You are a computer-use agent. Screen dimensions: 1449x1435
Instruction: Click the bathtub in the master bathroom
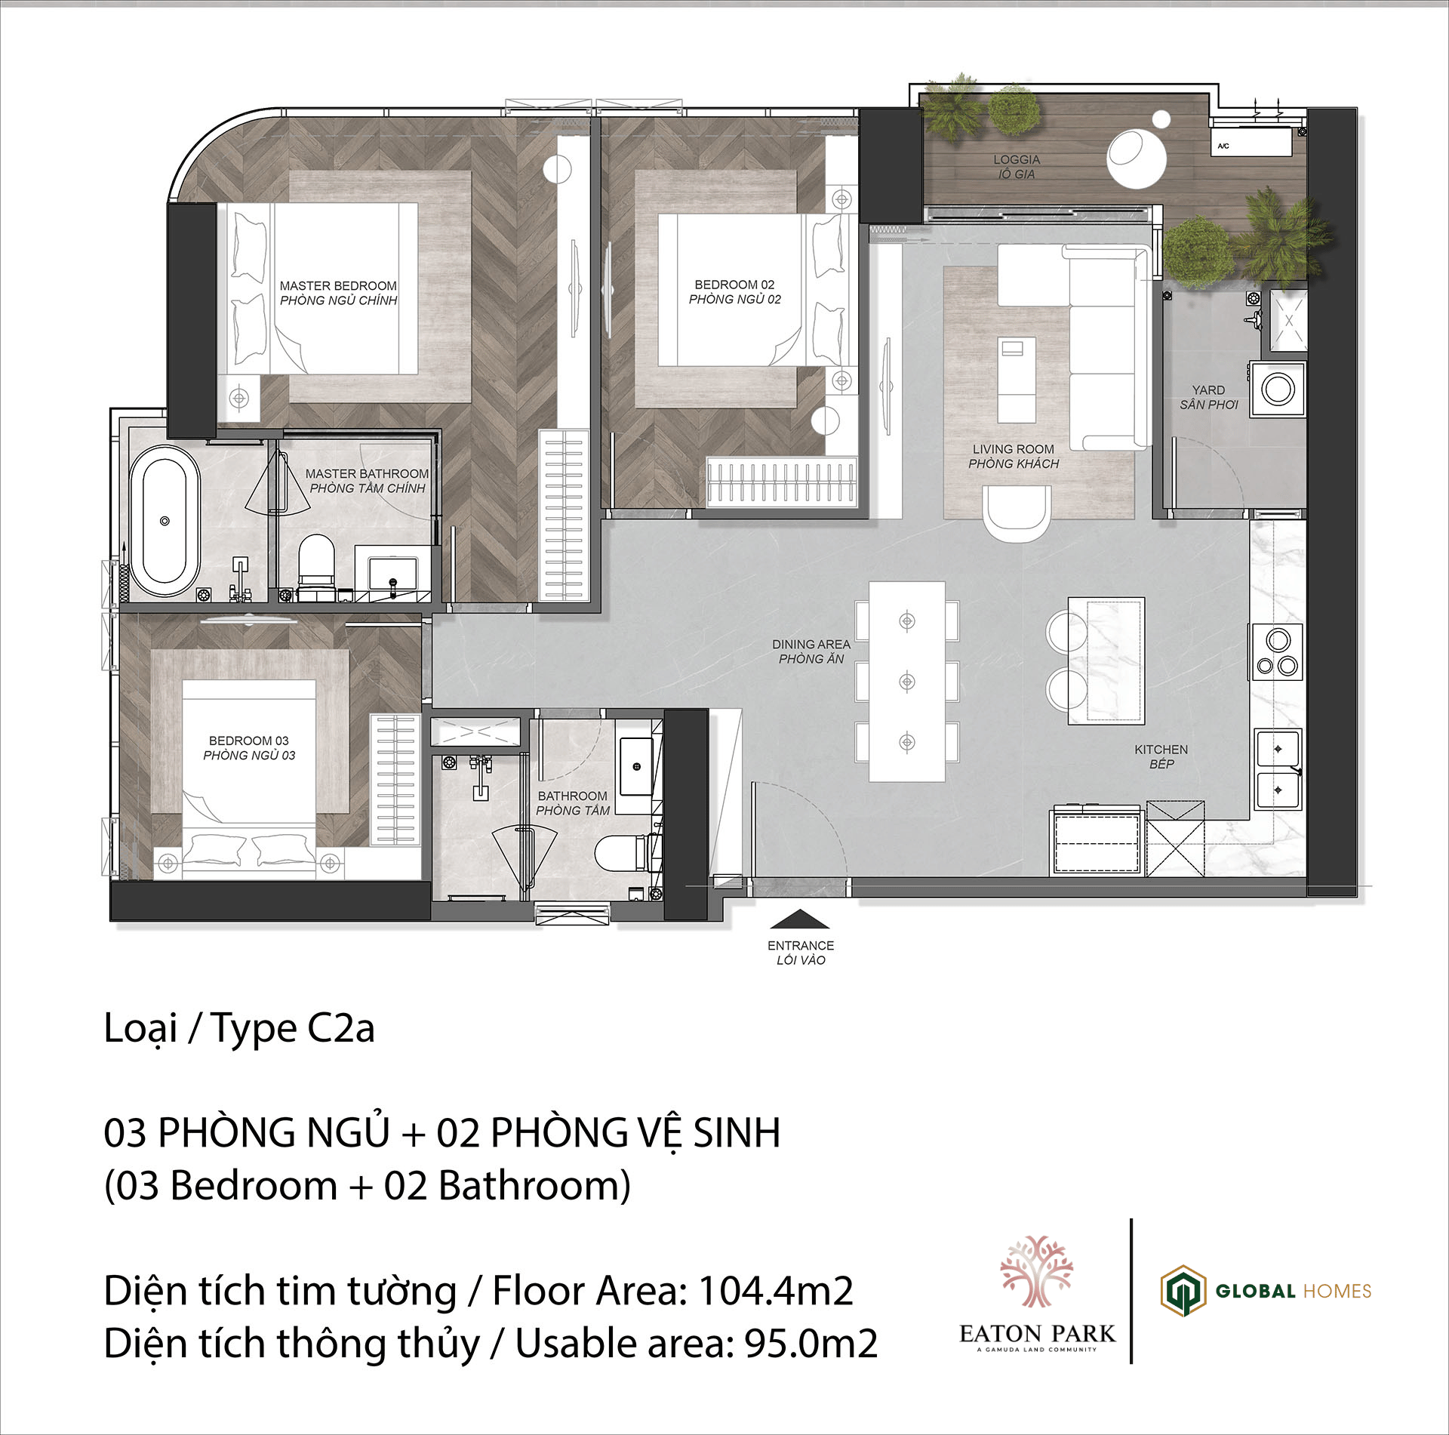click(165, 520)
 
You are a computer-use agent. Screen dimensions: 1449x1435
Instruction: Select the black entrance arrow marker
click(800, 919)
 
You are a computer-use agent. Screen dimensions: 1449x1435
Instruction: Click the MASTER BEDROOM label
click(338, 285)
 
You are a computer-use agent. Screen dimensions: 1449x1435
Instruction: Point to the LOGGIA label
click(1017, 159)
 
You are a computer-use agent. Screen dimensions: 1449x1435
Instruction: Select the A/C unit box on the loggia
click(1251, 143)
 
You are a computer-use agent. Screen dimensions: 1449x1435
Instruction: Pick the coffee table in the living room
click(1017, 379)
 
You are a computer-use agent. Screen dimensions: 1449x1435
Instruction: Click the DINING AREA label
click(811, 644)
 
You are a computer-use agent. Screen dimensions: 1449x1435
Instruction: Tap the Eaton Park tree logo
click(1036, 1271)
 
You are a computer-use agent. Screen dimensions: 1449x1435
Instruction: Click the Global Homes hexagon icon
click(1183, 1291)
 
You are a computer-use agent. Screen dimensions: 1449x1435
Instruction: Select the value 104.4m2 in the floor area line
click(776, 1290)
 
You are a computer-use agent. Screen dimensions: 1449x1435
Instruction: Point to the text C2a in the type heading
click(340, 1027)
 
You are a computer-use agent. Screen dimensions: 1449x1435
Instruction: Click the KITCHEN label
click(1161, 750)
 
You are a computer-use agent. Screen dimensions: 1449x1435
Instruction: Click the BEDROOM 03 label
click(249, 741)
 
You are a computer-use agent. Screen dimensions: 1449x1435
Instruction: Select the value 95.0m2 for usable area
click(811, 1343)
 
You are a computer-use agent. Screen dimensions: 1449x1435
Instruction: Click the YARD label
click(1208, 390)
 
